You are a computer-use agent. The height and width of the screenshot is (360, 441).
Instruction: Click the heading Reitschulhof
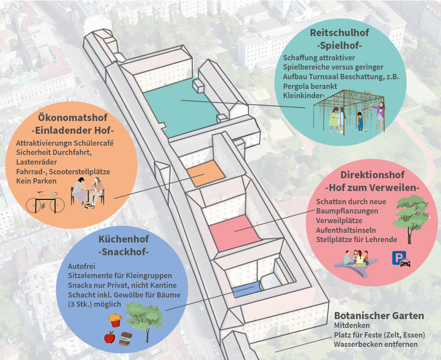pyautogui.click(x=340, y=33)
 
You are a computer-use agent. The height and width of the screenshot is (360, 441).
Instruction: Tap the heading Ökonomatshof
pyautogui.click(x=73, y=117)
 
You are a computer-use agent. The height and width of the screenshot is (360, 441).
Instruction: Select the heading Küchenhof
pyautogui.click(x=123, y=239)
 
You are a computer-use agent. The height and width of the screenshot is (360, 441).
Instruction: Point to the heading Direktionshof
pyautogui.click(x=372, y=175)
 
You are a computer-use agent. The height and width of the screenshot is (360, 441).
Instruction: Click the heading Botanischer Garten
pyautogui.click(x=379, y=316)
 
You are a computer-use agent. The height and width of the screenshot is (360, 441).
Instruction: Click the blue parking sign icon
pyautogui.click(x=399, y=258)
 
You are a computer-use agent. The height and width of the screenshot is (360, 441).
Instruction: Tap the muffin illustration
pyautogui.click(x=115, y=320)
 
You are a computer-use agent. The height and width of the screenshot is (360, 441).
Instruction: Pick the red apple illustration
pyautogui.click(x=109, y=337)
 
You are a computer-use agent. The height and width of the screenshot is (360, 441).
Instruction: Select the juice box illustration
pyautogui.click(x=126, y=338)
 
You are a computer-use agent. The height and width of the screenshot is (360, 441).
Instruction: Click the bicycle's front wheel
pyautogui.click(x=57, y=202)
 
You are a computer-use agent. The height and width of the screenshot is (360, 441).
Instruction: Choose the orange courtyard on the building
pyautogui.click(x=206, y=173)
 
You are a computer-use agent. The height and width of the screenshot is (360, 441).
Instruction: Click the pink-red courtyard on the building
pyautogui.click(x=235, y=233)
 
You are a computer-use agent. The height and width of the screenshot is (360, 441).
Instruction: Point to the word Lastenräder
pyautogui.click(x=37, y=162)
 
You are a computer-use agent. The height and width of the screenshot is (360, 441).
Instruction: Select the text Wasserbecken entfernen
pyautogui.click(x=376, y=344)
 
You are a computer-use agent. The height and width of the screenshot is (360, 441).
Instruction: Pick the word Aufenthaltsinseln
pyautogui.click(x=346, y=230)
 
